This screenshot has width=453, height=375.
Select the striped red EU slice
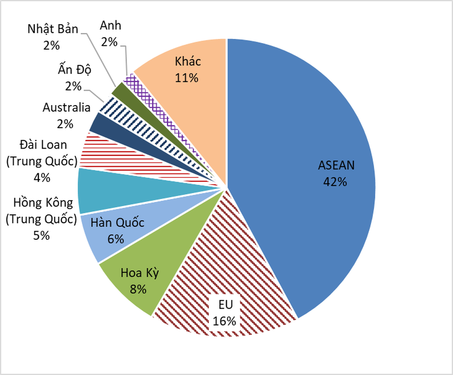[217, 259]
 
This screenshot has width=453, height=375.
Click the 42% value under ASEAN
[336, 181]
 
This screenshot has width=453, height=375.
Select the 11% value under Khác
[187, 77]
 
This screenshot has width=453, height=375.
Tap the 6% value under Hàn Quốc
[115, 239]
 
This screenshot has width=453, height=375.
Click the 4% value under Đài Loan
[42, 177]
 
